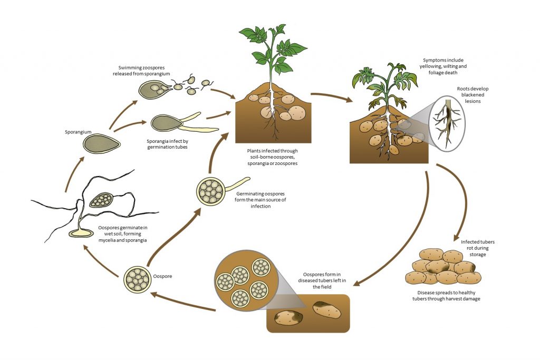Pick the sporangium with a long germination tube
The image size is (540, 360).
[168, 123]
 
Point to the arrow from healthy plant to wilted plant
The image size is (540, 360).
[330, 97]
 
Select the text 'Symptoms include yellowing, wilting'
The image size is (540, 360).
[445, 66]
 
